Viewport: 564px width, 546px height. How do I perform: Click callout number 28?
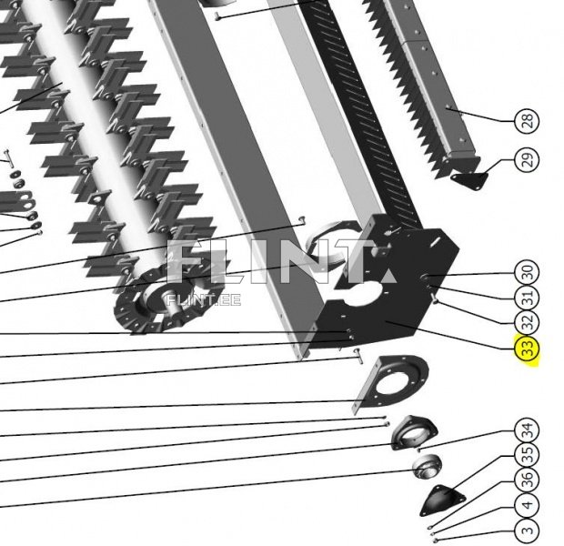click(527, 120)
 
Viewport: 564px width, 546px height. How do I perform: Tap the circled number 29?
click(527, 160)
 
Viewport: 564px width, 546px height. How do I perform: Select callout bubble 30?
click(527, 272)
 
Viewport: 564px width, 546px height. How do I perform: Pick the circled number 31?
click(527, 298)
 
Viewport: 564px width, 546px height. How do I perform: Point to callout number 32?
click(527, 322)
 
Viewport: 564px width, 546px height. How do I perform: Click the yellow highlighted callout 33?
click(527, 348)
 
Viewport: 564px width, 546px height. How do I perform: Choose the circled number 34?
click(527, 430)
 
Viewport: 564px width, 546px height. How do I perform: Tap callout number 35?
click(527, 455)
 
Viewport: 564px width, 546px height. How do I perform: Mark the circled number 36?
click(527, 480)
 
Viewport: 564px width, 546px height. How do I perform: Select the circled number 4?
click(527, 505)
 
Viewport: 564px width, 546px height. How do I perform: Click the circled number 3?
click(527, 531)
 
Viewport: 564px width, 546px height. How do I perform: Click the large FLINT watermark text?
click(282, 261)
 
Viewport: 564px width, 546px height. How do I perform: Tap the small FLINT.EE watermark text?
click(204, 299)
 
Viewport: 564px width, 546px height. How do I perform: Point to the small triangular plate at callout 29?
click(469, 180)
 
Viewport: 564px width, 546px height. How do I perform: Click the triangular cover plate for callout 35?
click(442, 500)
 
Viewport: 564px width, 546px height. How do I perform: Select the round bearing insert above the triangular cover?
click(428, 467)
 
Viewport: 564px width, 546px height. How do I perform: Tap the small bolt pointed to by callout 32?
click(435, 298)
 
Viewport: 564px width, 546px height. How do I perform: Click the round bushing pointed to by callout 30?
click(425, 278)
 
